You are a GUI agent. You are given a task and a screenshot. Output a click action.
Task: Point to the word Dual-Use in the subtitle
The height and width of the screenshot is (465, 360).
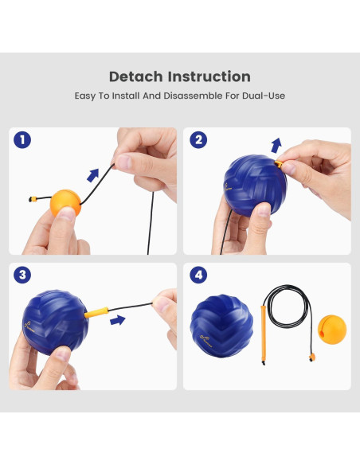264,96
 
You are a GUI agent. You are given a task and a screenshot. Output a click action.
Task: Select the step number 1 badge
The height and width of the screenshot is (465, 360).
24,140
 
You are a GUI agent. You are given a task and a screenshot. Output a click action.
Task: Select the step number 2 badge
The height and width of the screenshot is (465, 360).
199,140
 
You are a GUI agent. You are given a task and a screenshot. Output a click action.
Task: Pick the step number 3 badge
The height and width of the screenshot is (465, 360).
24,275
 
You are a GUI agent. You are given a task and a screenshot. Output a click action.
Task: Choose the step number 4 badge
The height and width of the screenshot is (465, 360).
199,275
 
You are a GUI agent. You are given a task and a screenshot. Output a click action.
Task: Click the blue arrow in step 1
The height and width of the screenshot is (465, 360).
95,174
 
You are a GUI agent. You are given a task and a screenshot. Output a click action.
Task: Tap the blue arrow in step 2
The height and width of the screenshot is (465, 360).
276,144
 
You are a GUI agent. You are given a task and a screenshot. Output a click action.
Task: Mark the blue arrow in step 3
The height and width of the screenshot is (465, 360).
118,320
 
